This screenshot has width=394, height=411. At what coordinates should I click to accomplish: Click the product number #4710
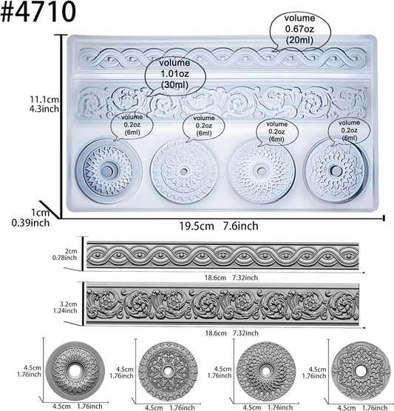pyautogui.click(x=38, y=12)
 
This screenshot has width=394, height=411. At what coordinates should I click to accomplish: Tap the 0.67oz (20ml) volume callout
pyautogui.click(x=300, y=30)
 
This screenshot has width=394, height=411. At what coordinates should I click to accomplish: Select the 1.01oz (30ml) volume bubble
pyautogui.click(x=175, y=74)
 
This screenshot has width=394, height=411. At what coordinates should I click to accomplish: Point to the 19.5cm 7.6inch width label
pyautogui.click(x=219, y=226)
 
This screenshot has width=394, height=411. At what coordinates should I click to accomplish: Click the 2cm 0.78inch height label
pyautogui.click(x=65, y=254)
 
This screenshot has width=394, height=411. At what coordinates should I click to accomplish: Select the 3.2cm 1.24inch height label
pyautogui.click(x=65, y=307)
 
